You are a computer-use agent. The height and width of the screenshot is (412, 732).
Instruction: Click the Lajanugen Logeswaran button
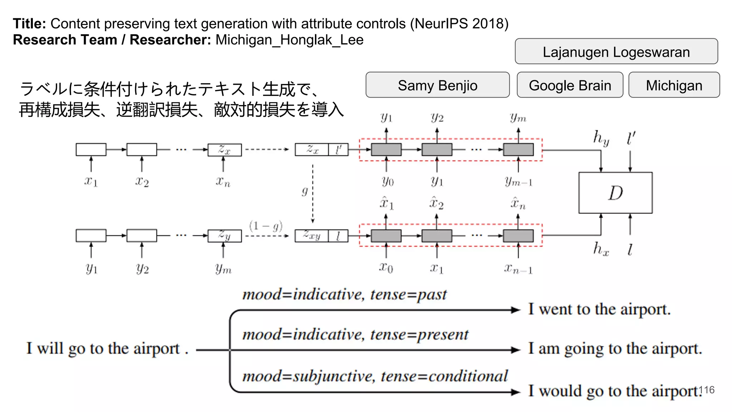[616, 51]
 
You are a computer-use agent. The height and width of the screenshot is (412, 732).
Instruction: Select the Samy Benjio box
[437, 85]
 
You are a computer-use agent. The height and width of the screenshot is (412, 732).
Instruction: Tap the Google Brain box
[570, 85]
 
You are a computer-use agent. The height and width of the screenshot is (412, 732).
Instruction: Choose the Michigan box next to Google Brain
[674, 85]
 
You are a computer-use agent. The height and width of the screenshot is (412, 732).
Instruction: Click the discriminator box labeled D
[615, 193]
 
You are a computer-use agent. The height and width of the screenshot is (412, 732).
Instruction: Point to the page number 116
[706, 390]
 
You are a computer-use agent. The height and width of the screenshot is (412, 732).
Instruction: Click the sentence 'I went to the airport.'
[599, 309]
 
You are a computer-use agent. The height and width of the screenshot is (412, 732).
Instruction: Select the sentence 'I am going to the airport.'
[615, 348]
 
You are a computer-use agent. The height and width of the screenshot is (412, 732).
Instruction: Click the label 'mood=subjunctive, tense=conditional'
[375, 376]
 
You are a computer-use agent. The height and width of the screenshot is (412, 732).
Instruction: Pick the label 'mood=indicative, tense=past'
[345, 294]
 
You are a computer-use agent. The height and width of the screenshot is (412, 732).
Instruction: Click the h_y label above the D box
[601, 138]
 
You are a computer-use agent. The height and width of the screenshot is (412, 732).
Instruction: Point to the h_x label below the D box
[601, 249]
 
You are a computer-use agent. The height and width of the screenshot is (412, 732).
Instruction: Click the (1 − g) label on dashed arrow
[266, 226]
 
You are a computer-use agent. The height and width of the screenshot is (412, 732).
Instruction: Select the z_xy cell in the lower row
[312, 235]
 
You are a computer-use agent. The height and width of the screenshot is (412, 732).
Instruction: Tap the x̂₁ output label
[386, 203]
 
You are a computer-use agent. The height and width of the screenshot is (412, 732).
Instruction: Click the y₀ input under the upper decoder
[387, 181]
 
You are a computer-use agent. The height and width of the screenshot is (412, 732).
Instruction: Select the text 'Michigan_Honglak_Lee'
[290, 40]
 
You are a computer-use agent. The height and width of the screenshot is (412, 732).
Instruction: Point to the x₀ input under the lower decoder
[386, 267]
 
